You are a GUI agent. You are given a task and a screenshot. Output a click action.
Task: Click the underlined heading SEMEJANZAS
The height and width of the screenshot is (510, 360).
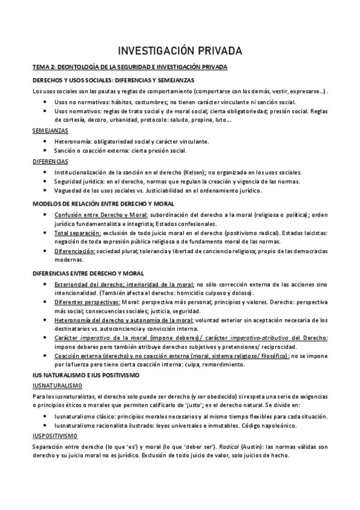pos(50,131)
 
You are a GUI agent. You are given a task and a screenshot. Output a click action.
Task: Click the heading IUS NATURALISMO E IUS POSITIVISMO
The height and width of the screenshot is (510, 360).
pos(86,375)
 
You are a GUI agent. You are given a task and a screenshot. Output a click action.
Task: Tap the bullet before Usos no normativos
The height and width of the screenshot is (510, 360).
pos(46,102)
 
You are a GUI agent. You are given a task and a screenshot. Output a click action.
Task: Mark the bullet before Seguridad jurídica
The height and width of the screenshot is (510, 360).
pos(46,181)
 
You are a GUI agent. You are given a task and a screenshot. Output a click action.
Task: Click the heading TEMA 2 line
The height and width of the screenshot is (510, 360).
pos(129,67)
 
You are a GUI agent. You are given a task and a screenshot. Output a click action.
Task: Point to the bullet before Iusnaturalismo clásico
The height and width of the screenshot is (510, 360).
pos(46,416)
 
